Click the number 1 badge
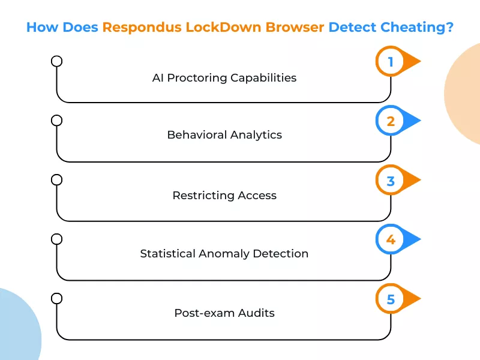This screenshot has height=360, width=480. (391, 62)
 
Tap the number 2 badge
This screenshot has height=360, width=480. (391, 121)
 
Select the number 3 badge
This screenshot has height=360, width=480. (391, 181)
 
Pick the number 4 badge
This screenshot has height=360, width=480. (391, 240)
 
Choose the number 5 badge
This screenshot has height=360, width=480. (391, 299)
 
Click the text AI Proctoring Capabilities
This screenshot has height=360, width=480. (224, 78)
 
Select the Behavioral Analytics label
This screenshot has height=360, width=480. (224, 135)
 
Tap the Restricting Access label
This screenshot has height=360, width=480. (224, 195)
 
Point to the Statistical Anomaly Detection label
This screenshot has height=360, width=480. (224, 254)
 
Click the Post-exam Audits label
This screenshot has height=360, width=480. (224, 313)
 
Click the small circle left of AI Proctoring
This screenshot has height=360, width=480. (57, 61)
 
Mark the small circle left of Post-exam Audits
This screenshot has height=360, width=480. (57, 298)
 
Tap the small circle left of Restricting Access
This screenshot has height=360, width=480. (57, 179)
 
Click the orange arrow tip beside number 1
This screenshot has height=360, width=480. (414, 62)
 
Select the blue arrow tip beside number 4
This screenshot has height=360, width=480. (414, 240)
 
